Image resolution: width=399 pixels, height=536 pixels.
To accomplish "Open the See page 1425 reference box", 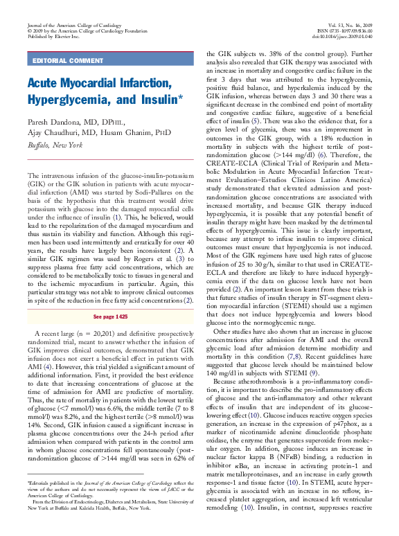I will coord(110,315).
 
